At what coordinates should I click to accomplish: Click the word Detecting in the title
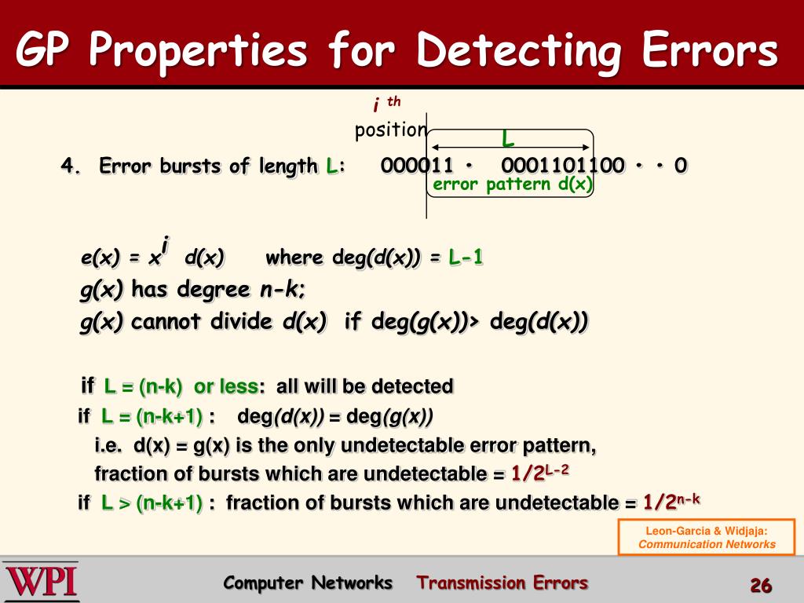click(521, 51)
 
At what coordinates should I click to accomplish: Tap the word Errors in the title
click(709, 51)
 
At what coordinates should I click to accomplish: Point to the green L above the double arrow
click(508, 140)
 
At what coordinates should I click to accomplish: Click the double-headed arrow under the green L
click(511, 148)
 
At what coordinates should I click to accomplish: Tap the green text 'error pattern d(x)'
click(513, 185)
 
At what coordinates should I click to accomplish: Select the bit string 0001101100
click(562, 166)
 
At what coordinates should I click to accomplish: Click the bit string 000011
click(417, 166)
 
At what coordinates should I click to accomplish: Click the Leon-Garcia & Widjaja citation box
click(707, 537)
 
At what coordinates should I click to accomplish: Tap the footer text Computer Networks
click(308, 583)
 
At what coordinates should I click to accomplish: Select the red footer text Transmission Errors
click(502, 583)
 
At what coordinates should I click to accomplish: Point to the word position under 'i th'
click(390, 130)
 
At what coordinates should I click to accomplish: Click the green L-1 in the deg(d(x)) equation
click(466, 258)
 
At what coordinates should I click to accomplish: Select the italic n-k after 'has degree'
click(283, 290)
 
